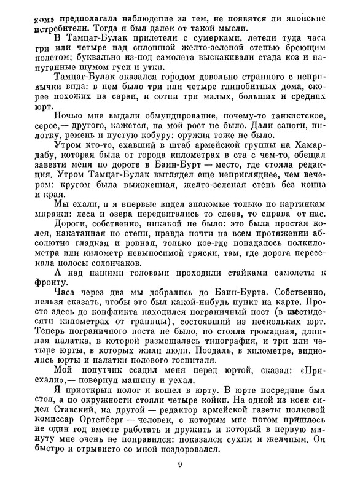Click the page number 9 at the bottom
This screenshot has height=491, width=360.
coord(180,464)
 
